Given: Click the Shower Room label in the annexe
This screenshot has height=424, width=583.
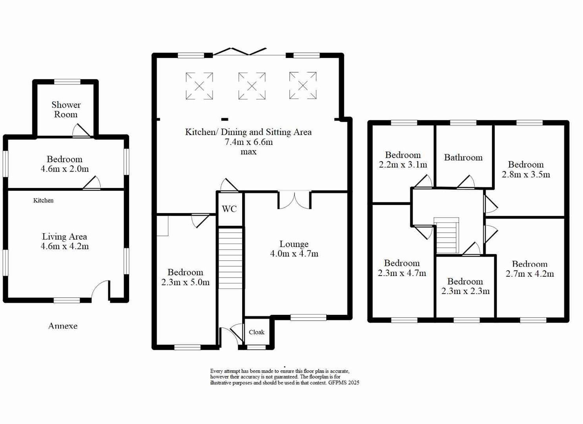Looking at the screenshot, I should (x=66, y=110).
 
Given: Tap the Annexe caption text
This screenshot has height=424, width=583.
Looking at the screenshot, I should (x=63, y=326).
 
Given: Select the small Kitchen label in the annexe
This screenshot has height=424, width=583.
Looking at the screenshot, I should (x=43, y=200).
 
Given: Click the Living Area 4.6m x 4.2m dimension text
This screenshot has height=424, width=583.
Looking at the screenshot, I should (x=65, y=247).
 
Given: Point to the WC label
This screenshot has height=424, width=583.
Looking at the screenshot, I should (x=229, y=209).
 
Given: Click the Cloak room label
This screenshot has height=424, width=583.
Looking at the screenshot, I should (x=256, y=332).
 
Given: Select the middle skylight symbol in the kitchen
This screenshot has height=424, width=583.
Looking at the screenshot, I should (x=252, y=86).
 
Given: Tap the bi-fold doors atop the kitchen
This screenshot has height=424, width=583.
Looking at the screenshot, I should (x=239, y=51).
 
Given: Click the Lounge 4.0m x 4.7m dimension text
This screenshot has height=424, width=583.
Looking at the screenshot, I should (x=294, y=254).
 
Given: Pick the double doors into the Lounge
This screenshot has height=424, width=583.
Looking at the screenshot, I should (x=294, y=199).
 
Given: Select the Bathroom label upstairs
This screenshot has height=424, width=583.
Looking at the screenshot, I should (x=463, y=157).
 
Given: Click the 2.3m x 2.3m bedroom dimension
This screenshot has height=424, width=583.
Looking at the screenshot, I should (x=465, y=291).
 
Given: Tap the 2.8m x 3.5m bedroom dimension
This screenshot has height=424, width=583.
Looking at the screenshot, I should (x=526, y=174).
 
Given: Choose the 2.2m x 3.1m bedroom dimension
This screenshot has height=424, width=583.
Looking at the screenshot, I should (x=403, y=165).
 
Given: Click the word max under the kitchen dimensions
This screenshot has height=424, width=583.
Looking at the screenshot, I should (x=249, y=152).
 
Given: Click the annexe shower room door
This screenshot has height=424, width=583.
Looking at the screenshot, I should (x=82, y=131).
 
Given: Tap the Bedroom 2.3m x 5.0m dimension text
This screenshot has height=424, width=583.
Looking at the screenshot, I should (x=185, y=282).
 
